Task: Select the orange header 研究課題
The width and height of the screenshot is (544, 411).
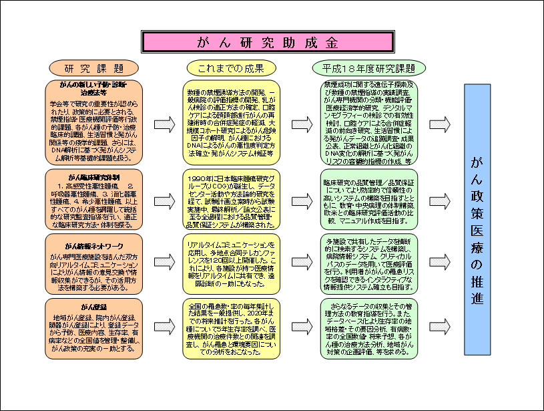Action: coord(93,68)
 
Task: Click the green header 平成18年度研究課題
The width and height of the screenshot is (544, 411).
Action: coord(369,68)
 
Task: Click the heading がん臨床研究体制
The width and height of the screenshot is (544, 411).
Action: coord(89,176)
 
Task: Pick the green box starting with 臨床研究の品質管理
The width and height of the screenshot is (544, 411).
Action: coord(369,198)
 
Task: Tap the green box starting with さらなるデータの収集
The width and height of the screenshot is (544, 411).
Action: coord(369,328)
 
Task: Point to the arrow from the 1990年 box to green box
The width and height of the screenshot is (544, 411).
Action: coord(300,198)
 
